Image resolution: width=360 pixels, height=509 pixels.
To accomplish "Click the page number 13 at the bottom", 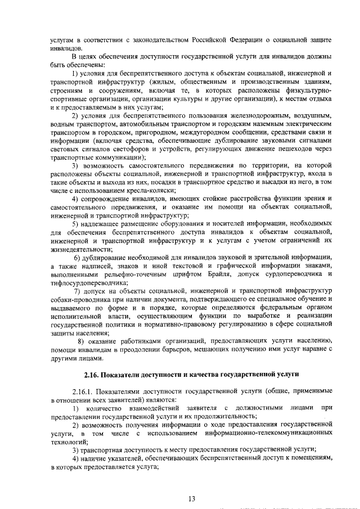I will pyautogui.click(x=192, y=498).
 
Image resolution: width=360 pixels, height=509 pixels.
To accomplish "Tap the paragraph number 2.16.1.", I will pyautogui.click(x=83, y=391).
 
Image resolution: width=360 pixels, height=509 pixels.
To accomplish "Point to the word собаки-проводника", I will pyautogui.click(x=76, y=299).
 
